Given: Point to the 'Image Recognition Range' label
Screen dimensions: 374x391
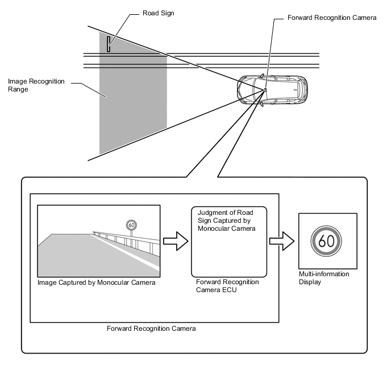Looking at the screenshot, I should point(36,85).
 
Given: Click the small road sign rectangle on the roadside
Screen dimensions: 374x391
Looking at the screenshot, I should point(109,43).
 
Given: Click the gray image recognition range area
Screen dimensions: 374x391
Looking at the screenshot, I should point(132,97).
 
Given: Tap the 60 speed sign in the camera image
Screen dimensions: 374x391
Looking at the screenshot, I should point(131,225).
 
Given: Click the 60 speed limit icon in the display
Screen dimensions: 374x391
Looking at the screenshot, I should point(326,241).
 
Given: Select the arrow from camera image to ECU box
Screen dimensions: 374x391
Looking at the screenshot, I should point(174,240).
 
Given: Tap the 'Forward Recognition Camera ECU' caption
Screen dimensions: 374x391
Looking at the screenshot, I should point(227,286).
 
